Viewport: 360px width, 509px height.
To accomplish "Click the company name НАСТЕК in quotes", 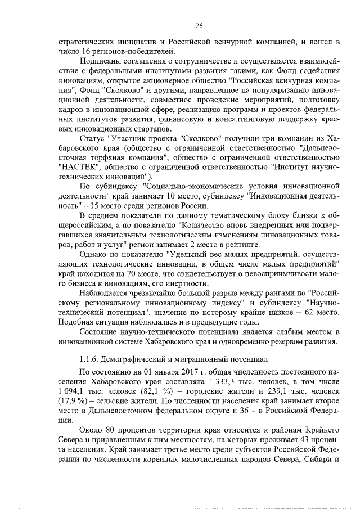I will (77, 166).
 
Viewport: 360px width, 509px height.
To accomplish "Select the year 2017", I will (173, 372).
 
